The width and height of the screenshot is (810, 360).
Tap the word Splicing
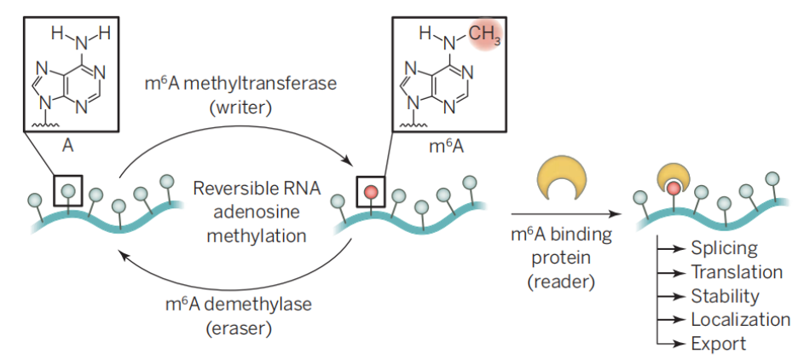724,248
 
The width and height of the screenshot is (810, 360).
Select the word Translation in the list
737,271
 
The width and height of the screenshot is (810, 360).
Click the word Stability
726,296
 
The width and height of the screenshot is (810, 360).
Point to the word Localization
741,320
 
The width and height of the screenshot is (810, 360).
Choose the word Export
719,344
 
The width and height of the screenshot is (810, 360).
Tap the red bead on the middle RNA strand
370,192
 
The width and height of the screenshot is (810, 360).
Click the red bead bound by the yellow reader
673,189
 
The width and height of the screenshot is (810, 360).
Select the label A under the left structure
67,146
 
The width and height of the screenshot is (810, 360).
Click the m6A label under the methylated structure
448,146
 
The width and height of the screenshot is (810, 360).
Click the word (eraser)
239,328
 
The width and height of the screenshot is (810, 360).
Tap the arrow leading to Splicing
672,248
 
